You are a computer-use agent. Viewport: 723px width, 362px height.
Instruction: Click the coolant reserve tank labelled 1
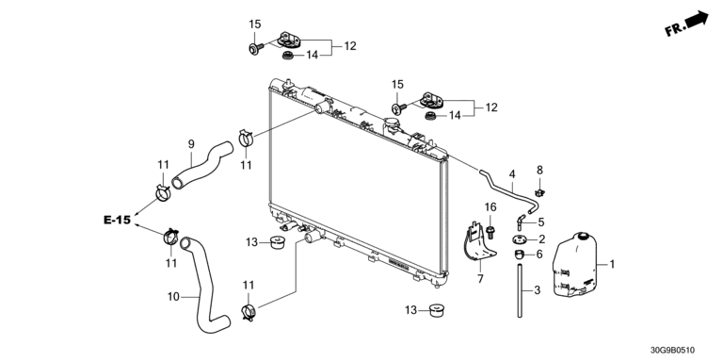[x=574, y=264]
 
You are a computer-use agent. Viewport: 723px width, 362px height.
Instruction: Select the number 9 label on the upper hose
[x=191, y=144]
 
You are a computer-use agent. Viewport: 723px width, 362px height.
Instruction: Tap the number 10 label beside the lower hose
[x=173, y=296]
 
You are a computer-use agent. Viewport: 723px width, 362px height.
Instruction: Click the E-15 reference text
[x=117, y=221]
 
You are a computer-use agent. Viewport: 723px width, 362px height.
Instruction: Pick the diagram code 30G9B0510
[x=672, y=351]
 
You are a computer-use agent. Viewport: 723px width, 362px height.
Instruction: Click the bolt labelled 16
[x=490, y=232]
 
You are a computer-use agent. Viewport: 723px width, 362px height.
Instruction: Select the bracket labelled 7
[x=479, y=245]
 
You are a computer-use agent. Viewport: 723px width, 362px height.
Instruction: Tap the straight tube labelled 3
[x=520, y=290]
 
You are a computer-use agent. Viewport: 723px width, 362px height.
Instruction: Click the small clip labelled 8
[x=538, y=191]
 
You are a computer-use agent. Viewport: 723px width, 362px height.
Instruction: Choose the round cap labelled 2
[x=520, y=240]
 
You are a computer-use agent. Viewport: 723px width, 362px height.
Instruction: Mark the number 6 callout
[x=539, y=254]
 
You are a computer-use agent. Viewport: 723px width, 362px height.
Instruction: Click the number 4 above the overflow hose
[x=512, y=174]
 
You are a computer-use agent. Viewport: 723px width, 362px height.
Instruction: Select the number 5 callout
[x=541, y=222]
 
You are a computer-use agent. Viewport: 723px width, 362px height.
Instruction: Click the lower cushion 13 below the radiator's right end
[x=436, y=310]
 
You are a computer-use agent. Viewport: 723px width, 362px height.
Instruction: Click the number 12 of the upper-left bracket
[x=350, y=46]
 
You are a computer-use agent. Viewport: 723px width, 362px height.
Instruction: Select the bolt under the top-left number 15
[x=255, y=47]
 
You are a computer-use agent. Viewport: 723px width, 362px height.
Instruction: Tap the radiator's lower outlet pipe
[x=312, y=237]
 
